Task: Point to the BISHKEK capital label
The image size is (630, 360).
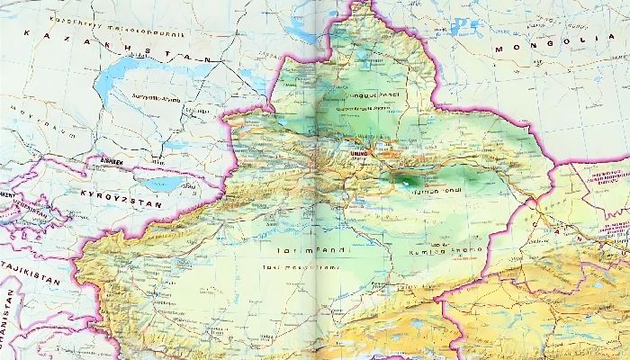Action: point(117,163)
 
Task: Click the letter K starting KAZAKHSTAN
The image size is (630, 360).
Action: point(29,33)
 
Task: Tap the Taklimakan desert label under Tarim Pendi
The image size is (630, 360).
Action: point(301,267)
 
